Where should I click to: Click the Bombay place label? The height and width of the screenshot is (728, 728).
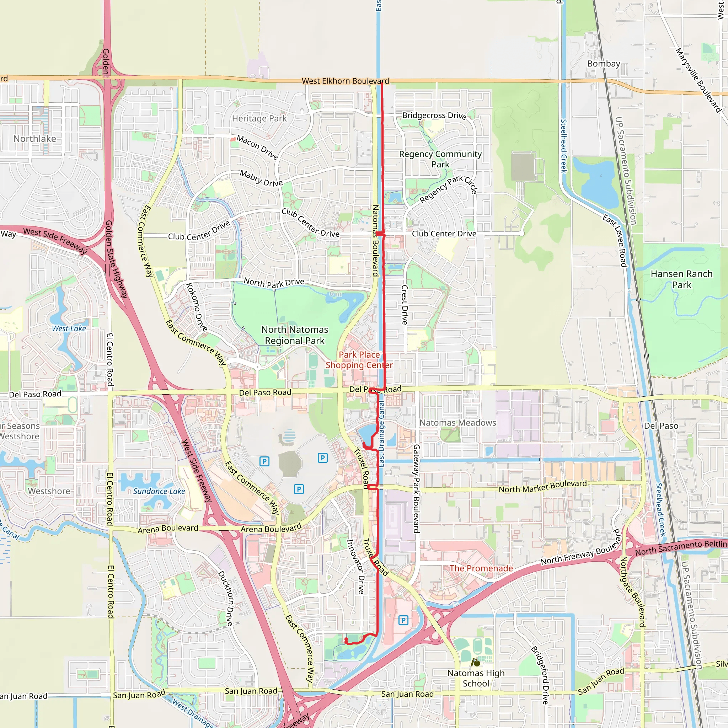603,64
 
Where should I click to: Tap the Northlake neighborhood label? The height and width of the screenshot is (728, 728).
35,139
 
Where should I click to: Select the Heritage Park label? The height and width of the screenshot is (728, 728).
259,118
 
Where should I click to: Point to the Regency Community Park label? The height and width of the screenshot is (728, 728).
440,159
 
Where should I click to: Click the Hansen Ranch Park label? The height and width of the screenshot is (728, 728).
681,279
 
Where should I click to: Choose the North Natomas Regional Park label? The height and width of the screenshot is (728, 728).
295,335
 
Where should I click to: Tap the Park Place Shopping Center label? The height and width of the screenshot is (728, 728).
359,360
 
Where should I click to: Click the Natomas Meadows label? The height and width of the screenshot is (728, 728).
457,423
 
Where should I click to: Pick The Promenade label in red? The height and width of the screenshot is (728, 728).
481,568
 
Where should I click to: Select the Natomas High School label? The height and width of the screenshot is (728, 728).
476,678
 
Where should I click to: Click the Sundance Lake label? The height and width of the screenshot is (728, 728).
159,491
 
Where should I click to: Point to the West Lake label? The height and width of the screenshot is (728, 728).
69,328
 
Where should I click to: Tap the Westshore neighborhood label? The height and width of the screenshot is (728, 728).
49,491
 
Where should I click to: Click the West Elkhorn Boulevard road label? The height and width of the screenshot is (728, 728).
345,81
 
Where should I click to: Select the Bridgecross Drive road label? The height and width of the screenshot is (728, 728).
434,115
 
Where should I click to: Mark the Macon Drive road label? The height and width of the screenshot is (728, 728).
257,147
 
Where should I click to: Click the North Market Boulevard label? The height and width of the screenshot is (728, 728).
542,487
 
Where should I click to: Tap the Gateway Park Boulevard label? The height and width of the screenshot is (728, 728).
416,489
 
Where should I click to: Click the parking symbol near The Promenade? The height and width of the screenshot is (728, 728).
403,620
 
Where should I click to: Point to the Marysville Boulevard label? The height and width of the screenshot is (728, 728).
698,80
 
